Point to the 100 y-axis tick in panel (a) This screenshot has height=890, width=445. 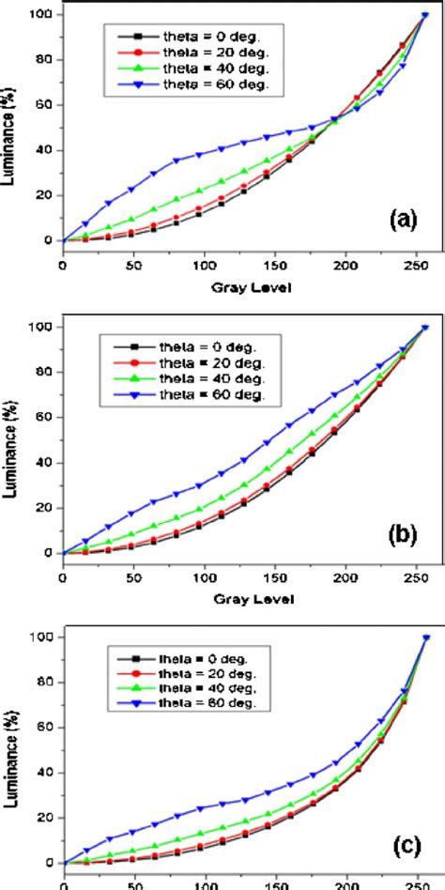point(39,15)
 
